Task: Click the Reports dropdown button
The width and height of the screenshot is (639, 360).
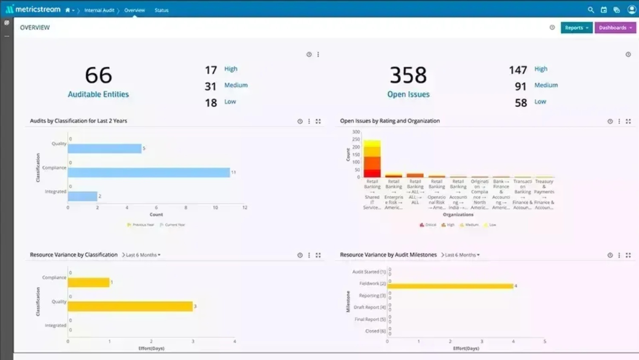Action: pyautogui.click(x=576, y=28)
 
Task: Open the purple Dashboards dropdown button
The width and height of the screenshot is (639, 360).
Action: pyautogui.click(x=615, y=28)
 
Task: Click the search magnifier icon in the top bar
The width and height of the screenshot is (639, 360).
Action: pyautogui.click(x=590, y=10)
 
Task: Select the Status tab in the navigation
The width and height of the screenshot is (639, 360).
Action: pyautogui.click(x=161, y=10)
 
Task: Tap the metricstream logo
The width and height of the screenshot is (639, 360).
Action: pyautogui.click(x=33, y=9)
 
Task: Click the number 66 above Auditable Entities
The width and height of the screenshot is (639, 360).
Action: pyautogui.click(x=98, y=75)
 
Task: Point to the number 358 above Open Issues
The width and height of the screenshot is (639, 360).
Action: pyautogui.click(x=408, y=75)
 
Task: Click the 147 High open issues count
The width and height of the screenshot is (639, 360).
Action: pyautogui.click(x=518, y=70)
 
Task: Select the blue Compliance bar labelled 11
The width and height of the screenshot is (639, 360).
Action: pyautogui.click(x=149, y=173)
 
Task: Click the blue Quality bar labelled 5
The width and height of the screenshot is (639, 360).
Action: pyautogui.click(x=104, y=148)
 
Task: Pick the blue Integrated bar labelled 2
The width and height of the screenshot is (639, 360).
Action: pyautogui.click(x=82, y=196)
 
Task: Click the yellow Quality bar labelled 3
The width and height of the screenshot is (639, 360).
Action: pyautogui.click(x=130, y=306)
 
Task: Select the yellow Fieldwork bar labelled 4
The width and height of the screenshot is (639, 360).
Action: pyautogui.click(x=450, y=286)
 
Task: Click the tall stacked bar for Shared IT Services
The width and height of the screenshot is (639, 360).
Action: pyautogui.click(x=372, y=158)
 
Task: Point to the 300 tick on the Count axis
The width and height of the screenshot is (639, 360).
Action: pyautogui.click(x=356, y=132)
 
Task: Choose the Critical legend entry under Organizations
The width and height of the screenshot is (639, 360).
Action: pyautogui.click(x=428, y=225)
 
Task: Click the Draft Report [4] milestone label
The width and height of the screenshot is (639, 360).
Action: pyautogui.click(x=369, y=307)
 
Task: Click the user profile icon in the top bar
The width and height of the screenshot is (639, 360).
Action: pyautogui.click(x=631, y=9)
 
